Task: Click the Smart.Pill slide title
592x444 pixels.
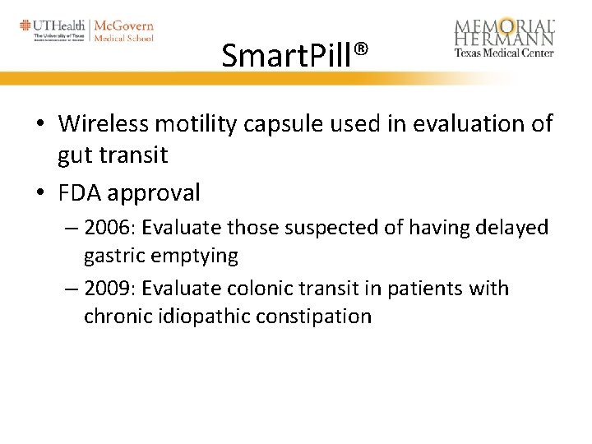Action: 287,57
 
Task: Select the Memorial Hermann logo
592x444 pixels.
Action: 504,37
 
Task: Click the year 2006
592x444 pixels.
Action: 108,228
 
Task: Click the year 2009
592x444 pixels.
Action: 108,289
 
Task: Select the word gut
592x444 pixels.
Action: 76,154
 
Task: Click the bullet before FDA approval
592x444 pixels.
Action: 40,194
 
